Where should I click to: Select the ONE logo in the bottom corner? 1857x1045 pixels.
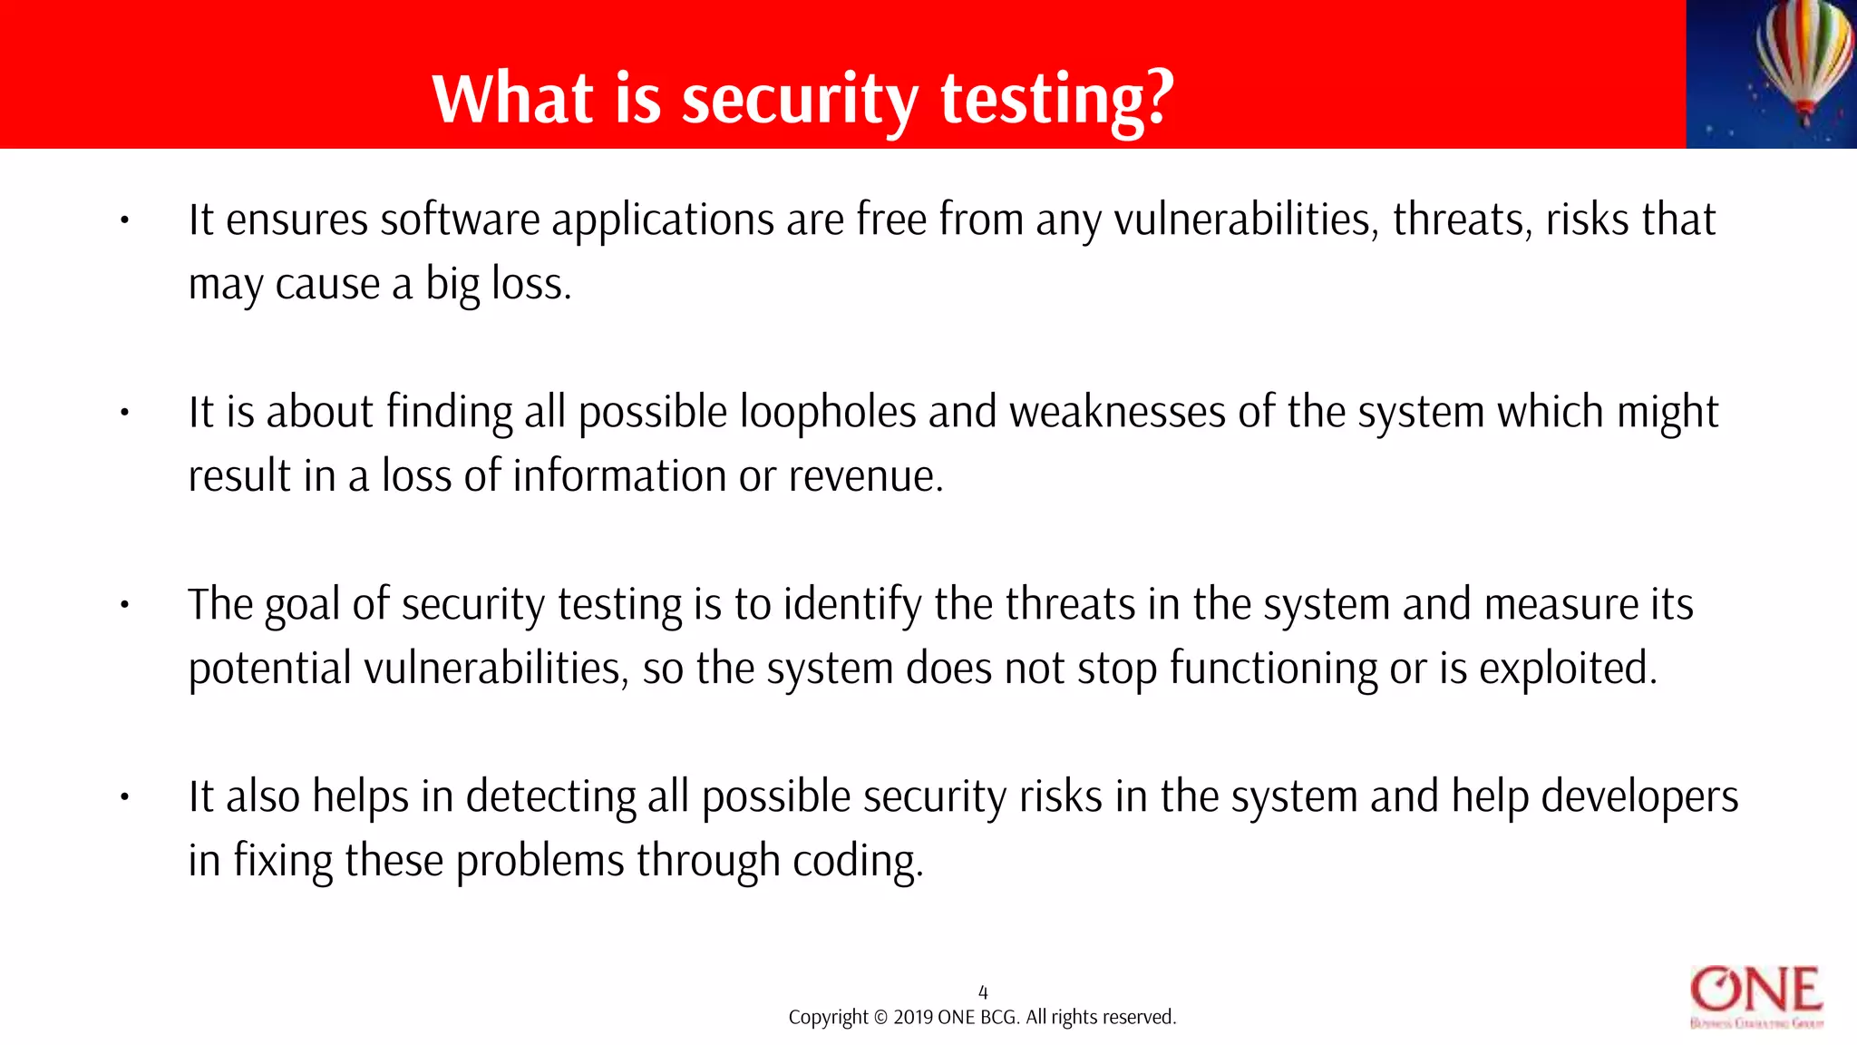point(1756,996)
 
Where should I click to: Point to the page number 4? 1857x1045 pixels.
point(983,992)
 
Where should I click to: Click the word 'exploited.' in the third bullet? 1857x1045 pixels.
point(1568,669)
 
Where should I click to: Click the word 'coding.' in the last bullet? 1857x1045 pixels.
point(858,862)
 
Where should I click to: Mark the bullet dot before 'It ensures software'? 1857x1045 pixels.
point(125,220)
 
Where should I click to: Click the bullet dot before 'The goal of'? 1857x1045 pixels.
point(125,605)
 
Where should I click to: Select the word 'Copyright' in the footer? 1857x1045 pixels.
point(828,1018)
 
